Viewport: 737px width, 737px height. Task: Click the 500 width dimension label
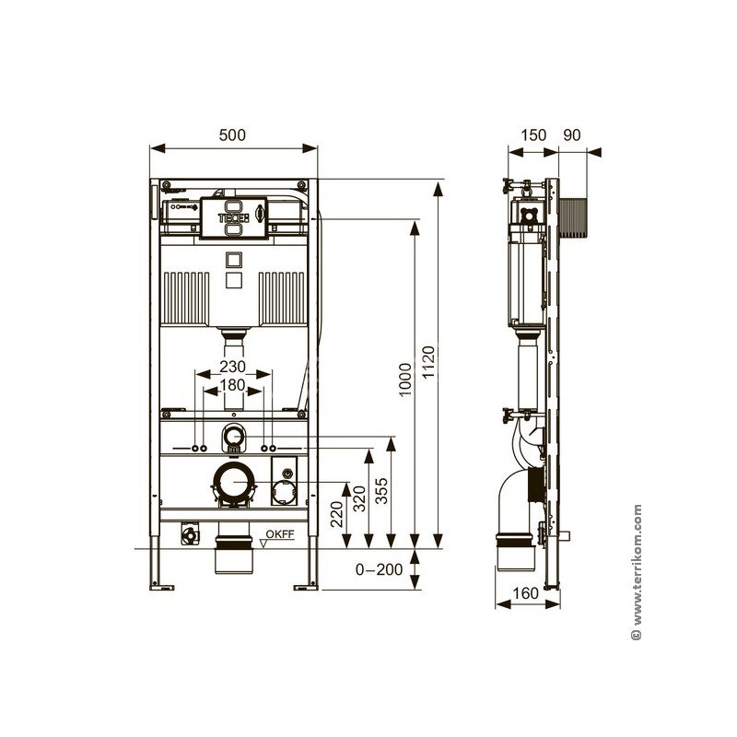click(232, 135)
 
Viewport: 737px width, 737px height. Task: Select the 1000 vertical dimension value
click(404, 380)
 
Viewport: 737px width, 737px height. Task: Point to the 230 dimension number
click(232, 366)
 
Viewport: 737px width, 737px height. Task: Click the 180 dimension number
click(232, 385)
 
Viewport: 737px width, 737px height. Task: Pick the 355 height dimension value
click(381, 491)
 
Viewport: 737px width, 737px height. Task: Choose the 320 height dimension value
click(359, 498)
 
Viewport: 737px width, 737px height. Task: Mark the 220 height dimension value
click(336, 514)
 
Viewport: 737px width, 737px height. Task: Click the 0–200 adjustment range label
click(379, 569)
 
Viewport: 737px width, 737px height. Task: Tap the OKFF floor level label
click(280, 534)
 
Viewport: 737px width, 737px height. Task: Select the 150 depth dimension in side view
click(533, 135)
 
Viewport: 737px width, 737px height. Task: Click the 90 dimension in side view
click(572, 135)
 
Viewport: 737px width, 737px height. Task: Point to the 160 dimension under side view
click(525, 593)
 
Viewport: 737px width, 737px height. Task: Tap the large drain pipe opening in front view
click(234, 483)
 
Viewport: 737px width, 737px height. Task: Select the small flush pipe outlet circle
click(234, 436)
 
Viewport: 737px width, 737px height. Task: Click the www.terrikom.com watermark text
click(637, 572)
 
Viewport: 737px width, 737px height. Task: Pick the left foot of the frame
click(161, 587)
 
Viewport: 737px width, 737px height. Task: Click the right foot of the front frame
click(306, 587)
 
